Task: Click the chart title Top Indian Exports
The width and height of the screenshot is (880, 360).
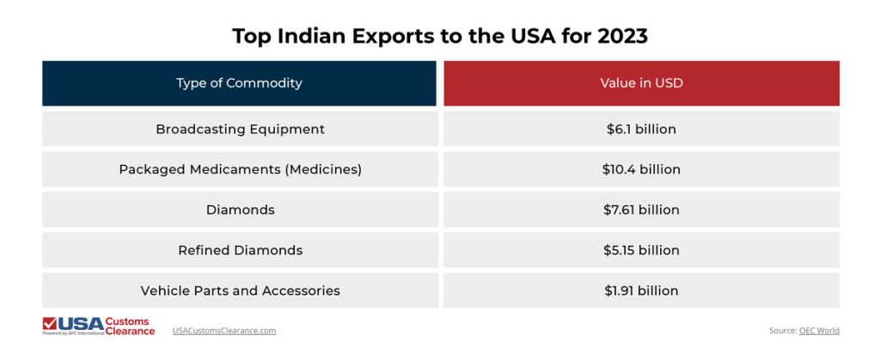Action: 439,36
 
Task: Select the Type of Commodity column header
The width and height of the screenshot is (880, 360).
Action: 239,83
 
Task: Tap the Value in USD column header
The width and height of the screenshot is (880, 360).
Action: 641,83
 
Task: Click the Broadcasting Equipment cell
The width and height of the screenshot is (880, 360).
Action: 240,129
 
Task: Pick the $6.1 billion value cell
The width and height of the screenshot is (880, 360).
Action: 641,129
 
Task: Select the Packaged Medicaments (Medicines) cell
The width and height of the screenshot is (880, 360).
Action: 240,169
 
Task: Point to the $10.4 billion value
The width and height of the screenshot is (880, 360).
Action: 641,169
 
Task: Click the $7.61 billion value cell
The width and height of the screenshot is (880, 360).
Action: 641,210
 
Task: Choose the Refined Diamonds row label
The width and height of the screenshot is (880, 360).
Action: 240,250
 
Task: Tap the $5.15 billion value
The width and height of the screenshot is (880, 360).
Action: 641,250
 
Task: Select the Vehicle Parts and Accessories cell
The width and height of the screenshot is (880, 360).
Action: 240,290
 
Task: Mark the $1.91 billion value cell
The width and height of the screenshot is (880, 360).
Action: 641,290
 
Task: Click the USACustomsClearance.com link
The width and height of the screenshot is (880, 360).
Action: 224,330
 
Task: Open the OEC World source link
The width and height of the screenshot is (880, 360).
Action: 819,330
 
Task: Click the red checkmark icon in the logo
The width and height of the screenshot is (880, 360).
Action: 50,323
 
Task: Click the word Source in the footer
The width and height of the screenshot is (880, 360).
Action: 783,330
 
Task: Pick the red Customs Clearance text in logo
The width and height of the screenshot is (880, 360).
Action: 130,326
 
